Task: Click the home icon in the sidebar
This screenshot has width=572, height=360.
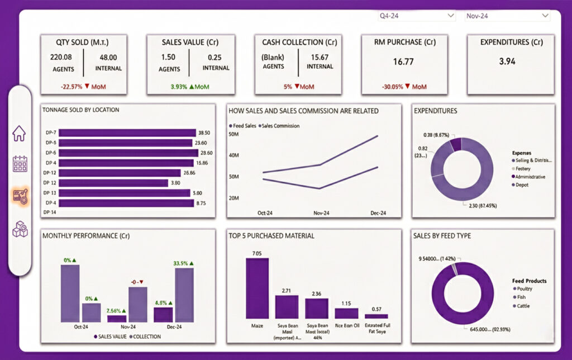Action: (x=20, y=134)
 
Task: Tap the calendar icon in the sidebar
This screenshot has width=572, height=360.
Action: (x=20, y=164)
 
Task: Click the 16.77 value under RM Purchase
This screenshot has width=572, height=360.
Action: (x=403, y=61)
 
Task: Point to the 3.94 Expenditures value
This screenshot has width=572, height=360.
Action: (x=507, y=61)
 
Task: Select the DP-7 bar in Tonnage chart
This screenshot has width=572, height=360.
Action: (x=127, y=132)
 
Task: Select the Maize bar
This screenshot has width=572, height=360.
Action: (x=257, y=288)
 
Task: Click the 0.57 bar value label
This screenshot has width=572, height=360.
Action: (x=376, y=310)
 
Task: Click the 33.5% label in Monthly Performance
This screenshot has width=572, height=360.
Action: (x=183, y=263)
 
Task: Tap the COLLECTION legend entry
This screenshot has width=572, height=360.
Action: (x=147, y=337)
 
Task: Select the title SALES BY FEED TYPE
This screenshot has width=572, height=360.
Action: (x=442, y=236)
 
